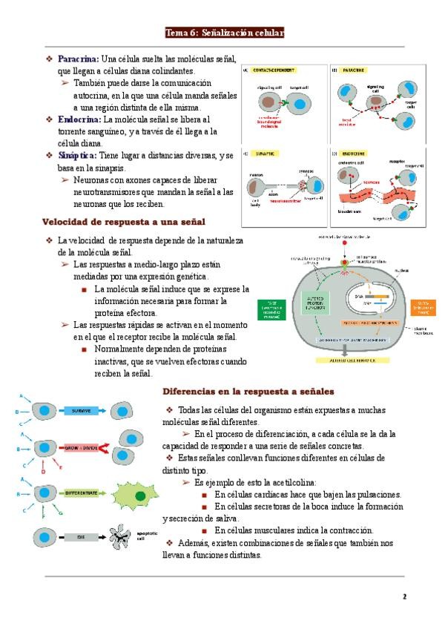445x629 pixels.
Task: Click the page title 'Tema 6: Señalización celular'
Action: pyautogui.click(x=224, y=33)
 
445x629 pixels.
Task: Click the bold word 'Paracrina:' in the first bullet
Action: pyautogui.click(x=78, y=59)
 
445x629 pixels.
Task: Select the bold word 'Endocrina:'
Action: pyautogui.click(x=79, y=119)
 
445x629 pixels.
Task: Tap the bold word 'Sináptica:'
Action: pyautogui.click(x=77, y=155)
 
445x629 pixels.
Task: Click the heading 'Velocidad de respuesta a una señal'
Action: pyautogui.click(x=123, y=221)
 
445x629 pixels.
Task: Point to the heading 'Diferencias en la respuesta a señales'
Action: pyautogui.click(x=248, y=390)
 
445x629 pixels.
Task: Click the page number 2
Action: pyautogui.click(x=405, y=596)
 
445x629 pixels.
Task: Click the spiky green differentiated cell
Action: pyautogui.click(x=140, y=495)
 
